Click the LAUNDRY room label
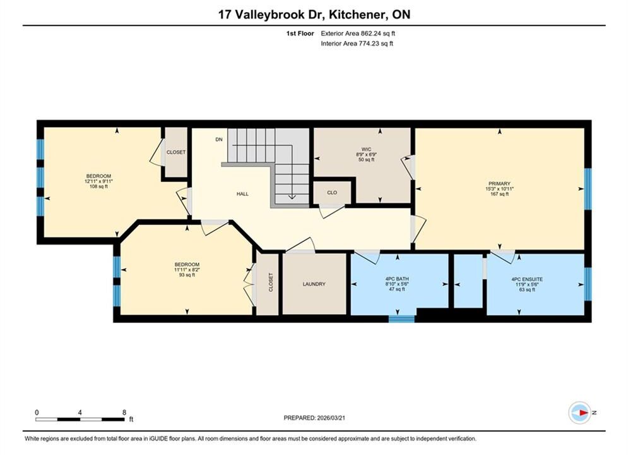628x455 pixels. click(x=314, y=284)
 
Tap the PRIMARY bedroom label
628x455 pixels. click(x=499, y=184)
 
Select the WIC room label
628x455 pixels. click(x=366, y=149)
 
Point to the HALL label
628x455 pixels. click(x=242, y=193)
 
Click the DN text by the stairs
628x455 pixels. click(x=218, y=140)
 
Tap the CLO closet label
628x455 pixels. click(x=332, y=192)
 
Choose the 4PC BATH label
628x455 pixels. click(x=397, y=279)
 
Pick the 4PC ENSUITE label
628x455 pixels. click(x=526, y=279)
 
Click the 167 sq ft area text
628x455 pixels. click(x=499, y=194)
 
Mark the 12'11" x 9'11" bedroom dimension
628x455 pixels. click(x=98, y=181)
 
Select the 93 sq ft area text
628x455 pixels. click(x=187, y=275)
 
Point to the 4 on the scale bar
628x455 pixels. click(x=80, y=413)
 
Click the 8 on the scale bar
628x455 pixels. click(x=124, y=413)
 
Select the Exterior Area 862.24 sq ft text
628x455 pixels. click(x=358, y=33)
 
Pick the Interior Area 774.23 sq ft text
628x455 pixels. click(x=357, y=44)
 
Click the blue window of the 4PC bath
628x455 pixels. click(x=401, y=318)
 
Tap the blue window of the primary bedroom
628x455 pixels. click(x=588, y=189)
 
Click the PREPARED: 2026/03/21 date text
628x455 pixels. click(x=314, y=418)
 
